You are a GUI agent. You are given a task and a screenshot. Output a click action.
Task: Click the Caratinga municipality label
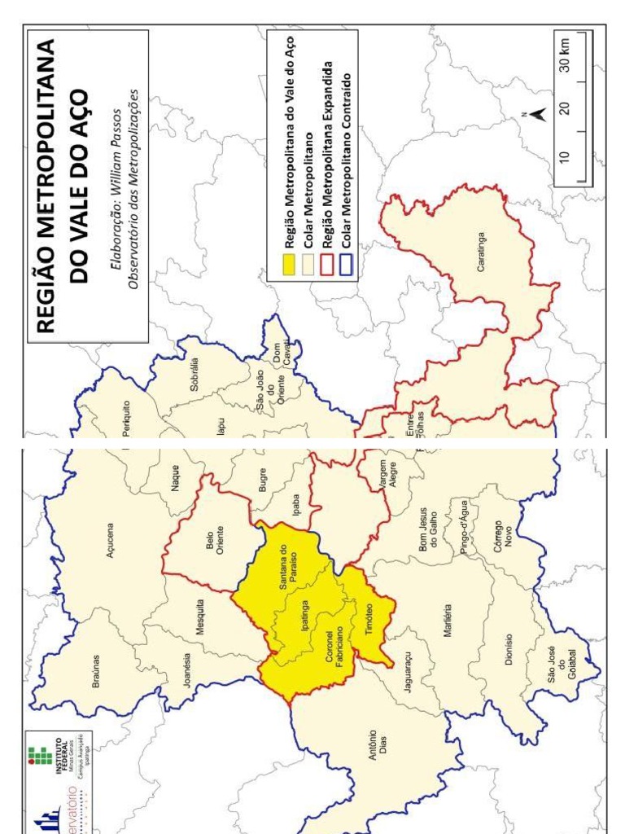coord(482,253)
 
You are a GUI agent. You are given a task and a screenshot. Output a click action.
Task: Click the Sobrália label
coord(194,375)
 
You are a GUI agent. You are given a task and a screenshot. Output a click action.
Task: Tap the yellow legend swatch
coord(289,266)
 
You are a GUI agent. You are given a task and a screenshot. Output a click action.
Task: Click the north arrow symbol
coord(536,116)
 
